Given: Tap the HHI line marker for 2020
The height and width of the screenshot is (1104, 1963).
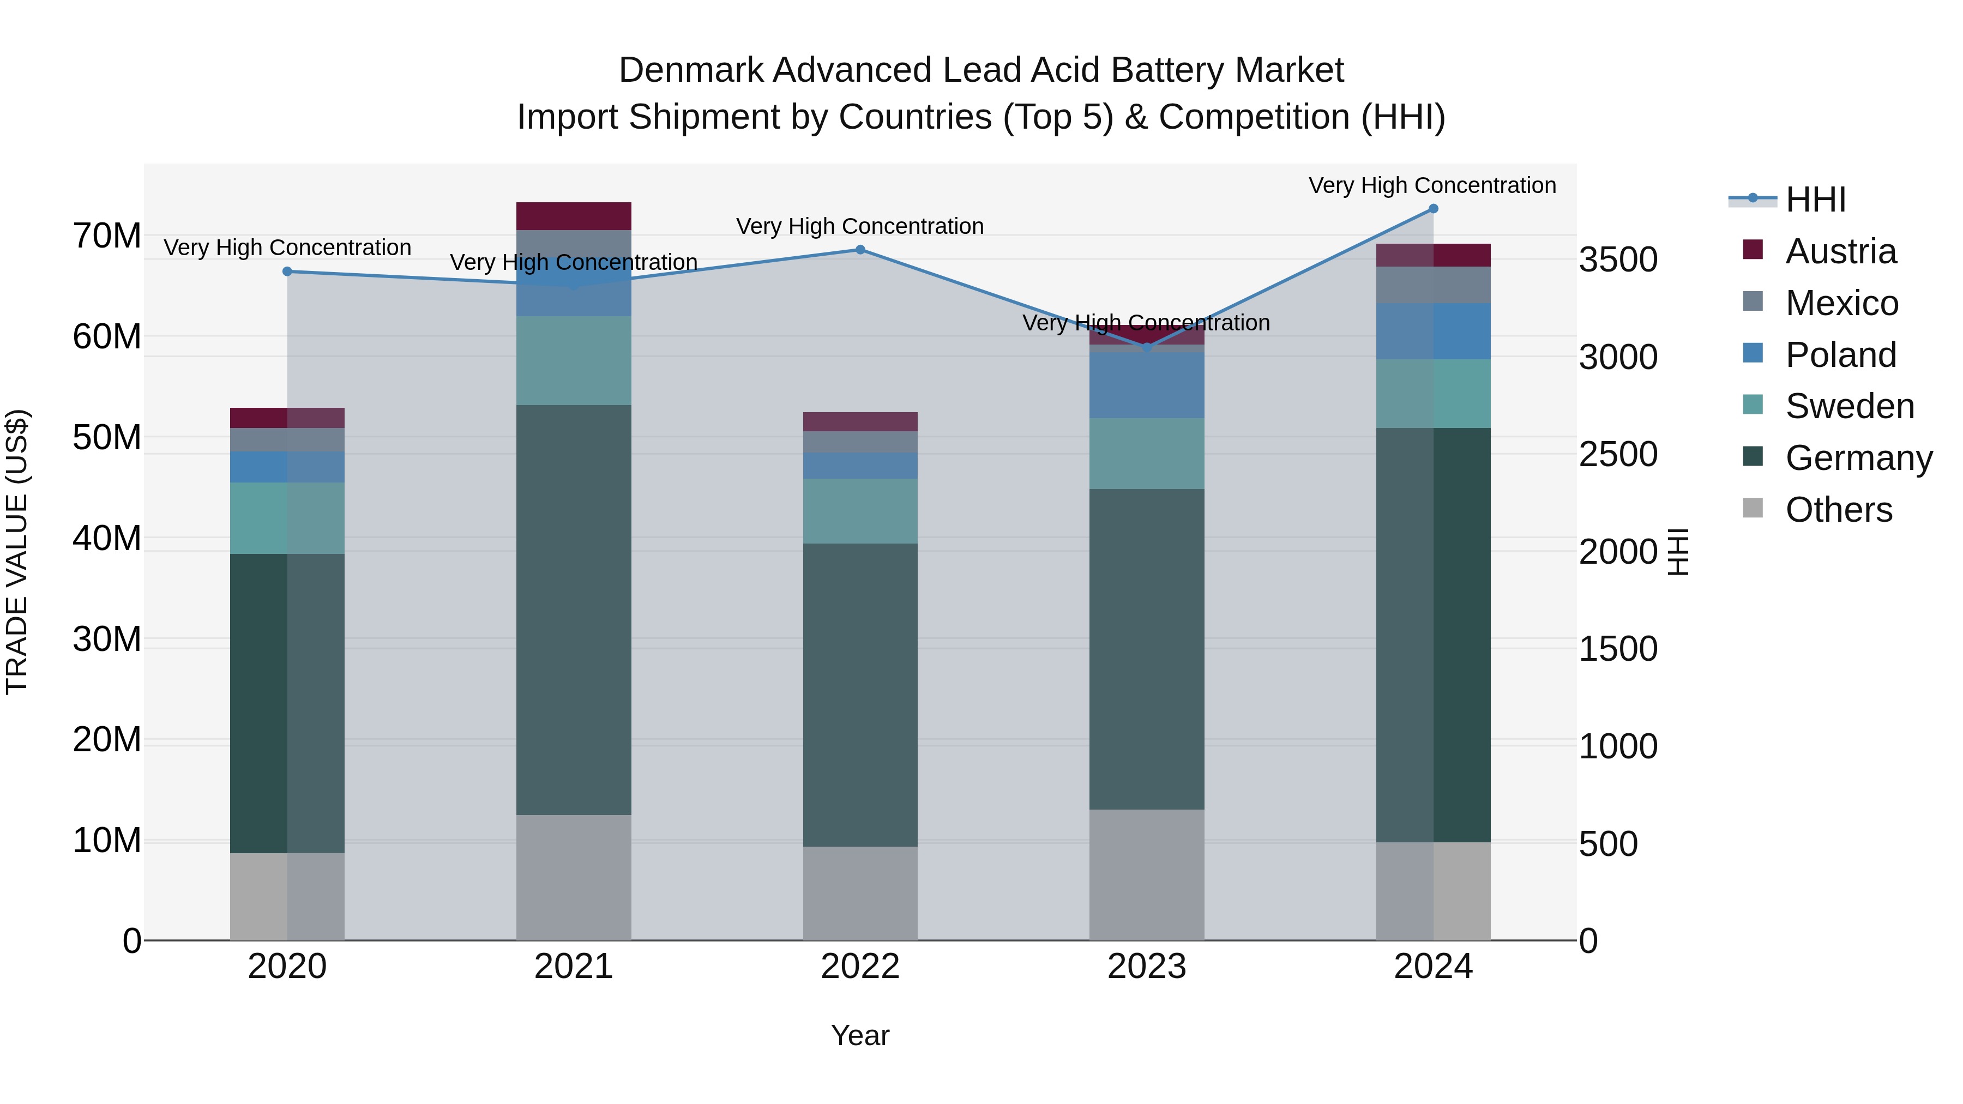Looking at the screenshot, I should [287, 272].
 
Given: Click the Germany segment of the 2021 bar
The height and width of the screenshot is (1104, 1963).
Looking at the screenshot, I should [573, 610].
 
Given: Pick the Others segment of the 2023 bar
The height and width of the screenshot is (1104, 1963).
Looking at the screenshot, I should [1146, 874].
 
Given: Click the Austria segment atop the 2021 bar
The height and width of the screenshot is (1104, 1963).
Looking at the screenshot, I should [573, 215].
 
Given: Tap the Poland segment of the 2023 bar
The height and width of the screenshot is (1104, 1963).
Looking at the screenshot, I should [1146, 385].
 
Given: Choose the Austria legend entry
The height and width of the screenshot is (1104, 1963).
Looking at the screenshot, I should [1840, 251].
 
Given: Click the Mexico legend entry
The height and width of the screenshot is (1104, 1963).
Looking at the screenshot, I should [1841, 303].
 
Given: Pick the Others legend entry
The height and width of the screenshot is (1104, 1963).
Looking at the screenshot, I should [1838, 510].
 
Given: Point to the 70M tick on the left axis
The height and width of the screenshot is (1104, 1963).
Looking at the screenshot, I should [107, 236].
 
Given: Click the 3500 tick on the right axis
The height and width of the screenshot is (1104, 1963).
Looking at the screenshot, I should [1617, 260].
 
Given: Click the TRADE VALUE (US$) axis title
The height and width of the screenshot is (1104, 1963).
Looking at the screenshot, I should [17, 552].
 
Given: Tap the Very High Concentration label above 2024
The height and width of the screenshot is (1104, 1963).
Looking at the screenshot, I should [1432, 185].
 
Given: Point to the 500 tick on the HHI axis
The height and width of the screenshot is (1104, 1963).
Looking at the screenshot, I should [1608, 844].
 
